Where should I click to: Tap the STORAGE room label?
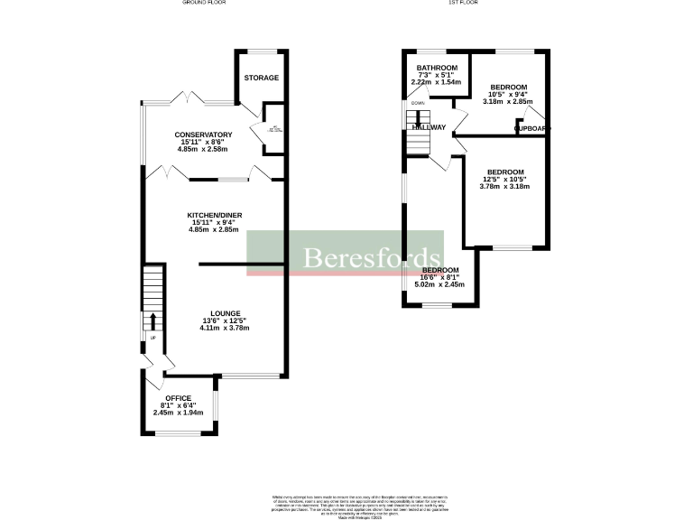(262, 78)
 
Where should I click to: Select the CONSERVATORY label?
(204, 135)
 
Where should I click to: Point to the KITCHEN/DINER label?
(215, 215)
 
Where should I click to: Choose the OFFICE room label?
(178, 398)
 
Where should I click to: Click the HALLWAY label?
(429, 127)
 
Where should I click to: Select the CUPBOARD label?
(531, 128)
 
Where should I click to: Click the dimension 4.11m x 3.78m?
(224, 328)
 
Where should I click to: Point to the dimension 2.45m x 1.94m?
(178, 413)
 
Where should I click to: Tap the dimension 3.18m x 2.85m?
(507, 101)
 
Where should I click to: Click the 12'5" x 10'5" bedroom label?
(505, 172)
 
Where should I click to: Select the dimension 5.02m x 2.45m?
(439, 284)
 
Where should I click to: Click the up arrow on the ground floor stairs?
(152, 320)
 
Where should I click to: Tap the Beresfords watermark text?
(371, 258)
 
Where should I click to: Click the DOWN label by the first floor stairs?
(417, 103)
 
